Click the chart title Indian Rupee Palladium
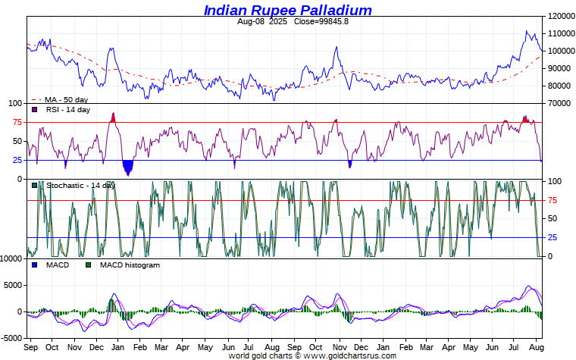tap(287, 10)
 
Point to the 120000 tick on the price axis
tap(560, 16)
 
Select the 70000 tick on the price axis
tap(558, 103)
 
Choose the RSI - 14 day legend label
tap(67, 110)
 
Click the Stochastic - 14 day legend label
tap(80, 185)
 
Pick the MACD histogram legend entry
tap(130, 265)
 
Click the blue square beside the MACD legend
tap(34, 265)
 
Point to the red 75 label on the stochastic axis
tap(553, 200)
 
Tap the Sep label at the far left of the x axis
tap(31, 347)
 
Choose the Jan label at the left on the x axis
tap(117, 347)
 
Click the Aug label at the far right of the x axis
tap(534, 347)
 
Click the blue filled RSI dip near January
tap(127, 167)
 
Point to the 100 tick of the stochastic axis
tap(555, 181)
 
